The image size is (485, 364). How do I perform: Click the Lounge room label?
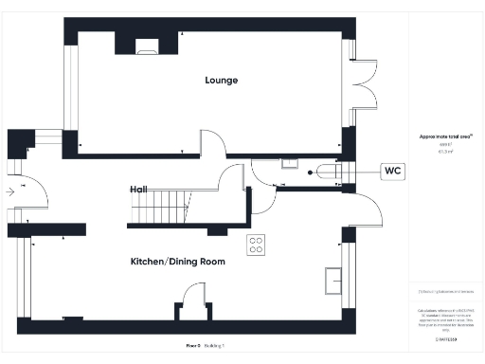coord(221,81)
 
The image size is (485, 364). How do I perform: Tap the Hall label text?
coord(138,190)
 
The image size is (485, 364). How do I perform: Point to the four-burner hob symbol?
coord(256,245)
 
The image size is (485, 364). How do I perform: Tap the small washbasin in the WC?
coord(312,172)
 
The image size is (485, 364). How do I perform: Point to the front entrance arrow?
coord(9,191)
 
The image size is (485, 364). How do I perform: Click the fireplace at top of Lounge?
coord(147,45)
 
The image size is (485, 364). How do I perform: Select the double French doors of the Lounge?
coord(367,87)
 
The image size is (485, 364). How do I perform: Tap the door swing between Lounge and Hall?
coord(215,145)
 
